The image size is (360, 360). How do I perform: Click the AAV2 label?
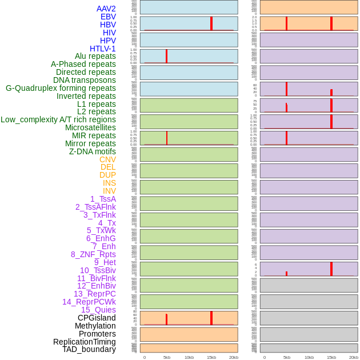click(x=106, y=9)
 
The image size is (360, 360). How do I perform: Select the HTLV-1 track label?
click(x=102, y=49)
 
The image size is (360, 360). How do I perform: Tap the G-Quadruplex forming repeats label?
click(x=61, y=88)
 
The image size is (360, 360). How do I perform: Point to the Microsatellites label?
click(x=90, y=127)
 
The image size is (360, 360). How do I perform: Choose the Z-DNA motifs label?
click(x=93, y=151)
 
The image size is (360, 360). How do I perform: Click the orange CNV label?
click(x=107, y=159)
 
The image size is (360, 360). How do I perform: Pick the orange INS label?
click(x=109, y=183)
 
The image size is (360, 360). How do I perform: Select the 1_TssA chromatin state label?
click(x=103, y=199)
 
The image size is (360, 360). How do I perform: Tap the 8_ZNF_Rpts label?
click(x=93, y=254)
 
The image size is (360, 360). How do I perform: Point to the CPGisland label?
click(x=97, y=318)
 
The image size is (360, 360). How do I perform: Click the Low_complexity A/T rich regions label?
click(x=58, y=119)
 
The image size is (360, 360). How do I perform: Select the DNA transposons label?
click(x=85, y=80)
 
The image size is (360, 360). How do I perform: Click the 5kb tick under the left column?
click(x=167, y=357)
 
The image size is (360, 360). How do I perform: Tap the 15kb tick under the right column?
click(x=331, y=357)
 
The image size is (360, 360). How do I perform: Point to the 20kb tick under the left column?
click(x=233, y=357)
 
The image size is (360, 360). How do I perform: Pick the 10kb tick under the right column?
click(x=309, y=357)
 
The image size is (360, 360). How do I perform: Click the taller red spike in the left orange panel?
click(x=211, y=318)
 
